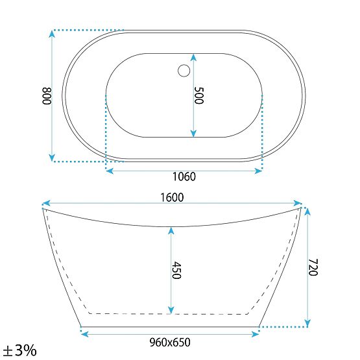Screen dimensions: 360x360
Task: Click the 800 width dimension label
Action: pyautogui.click(x=47, y=96)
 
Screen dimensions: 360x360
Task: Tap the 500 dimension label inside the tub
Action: pyautogui.click(x=199, y=95)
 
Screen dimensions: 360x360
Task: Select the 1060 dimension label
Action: pyautogui.click(x=184, y=176)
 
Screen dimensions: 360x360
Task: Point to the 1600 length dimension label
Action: pyautogui.click(x=172, y=197)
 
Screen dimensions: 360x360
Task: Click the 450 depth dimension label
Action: pyautogui.click(x=176, y=270)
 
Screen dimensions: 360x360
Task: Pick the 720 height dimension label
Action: pyautogui.click(x=313, y=267)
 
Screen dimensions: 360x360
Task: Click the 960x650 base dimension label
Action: pyautogui.click(x=170, y=342)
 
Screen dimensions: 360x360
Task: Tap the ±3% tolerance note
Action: pyautogui.click(x=19, y=350)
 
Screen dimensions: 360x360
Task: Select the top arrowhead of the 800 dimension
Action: pyautogui.click(x=52, y=34)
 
